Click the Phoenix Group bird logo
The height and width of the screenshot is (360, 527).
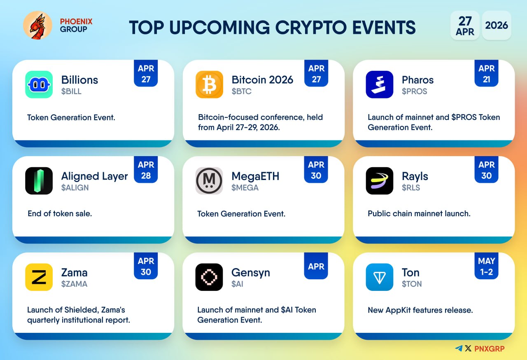(x=37, y=25)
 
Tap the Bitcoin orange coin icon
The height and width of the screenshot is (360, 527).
(x=209, y=84)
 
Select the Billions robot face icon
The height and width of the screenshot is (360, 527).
(x=39, y=84)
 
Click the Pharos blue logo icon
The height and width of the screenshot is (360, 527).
(x=380, y=84)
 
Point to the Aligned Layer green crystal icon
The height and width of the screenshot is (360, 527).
(x=39, y=181)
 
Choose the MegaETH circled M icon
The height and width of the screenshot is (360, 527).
(x=209, y=181)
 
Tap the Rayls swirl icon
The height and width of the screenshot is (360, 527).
(x=380, y=181)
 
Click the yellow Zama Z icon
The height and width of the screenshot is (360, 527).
(x=39, y=277)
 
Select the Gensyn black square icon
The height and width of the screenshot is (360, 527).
(x=209, y=277)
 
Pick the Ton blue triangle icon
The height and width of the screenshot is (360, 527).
(x=380, y=277)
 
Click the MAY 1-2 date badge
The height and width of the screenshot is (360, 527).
(x=486, y=266)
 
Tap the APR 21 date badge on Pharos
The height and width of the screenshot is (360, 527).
(x=486, y=73)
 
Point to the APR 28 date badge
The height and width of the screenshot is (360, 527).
(x=146, y=170)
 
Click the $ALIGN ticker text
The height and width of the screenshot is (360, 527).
(x=75, y=188)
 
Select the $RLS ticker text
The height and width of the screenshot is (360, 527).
(x=411, y=188)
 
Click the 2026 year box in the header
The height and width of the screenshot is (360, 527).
(x=497, y=25)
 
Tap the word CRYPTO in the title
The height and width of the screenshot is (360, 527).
(x=311, y=28)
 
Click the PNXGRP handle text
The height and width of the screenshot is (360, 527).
(x=490, y=349)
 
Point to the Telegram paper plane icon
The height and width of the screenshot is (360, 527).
(x=459, y=348)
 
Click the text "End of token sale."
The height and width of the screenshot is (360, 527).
(x=60, y=214)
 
